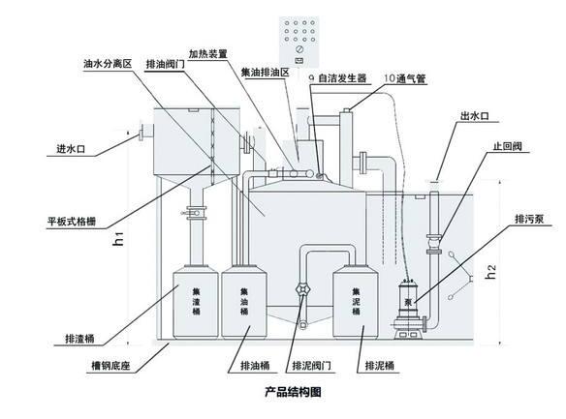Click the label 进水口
71,149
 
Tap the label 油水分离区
108,64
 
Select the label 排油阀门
166,64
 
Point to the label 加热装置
208,54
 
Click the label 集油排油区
266,73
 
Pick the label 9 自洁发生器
337,78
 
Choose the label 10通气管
405,79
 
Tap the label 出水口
475,116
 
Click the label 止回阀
508,146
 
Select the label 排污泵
529,219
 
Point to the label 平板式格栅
72,222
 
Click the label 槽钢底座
110,367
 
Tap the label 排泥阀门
311,366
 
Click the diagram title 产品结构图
293,392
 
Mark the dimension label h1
118,239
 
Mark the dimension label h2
491,272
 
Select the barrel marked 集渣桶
196,302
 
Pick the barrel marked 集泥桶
356,302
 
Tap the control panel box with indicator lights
299,43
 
